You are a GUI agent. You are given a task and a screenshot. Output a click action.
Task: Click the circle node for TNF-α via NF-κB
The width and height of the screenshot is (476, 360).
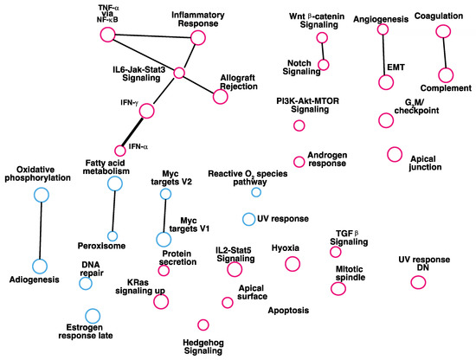(108, 35)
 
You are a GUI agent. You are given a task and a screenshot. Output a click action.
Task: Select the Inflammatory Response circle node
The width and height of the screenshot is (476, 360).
(198, 37)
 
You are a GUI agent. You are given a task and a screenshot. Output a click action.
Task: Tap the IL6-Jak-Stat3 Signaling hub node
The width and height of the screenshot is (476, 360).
(178, 73)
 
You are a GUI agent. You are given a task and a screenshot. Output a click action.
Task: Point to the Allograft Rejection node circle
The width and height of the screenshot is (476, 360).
(220, 97)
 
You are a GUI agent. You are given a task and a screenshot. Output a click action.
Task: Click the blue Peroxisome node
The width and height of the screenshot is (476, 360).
(112, 236)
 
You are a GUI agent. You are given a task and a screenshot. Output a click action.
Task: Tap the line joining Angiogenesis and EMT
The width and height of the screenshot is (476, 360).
(383, 55)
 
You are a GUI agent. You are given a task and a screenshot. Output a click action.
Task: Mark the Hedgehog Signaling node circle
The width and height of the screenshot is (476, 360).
(203, 325)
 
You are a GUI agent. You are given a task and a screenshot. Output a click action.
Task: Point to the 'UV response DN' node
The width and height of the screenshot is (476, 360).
(418, 282)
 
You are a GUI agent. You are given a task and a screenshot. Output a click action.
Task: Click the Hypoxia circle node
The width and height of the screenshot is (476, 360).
(292, 265)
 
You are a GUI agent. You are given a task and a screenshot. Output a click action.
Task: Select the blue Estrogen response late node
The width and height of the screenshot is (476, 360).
(92, 316)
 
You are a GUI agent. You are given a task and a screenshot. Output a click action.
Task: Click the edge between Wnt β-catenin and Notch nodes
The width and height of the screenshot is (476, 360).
(323, 51)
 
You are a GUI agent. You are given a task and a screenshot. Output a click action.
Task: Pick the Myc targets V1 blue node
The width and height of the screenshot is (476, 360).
(163, 240)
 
